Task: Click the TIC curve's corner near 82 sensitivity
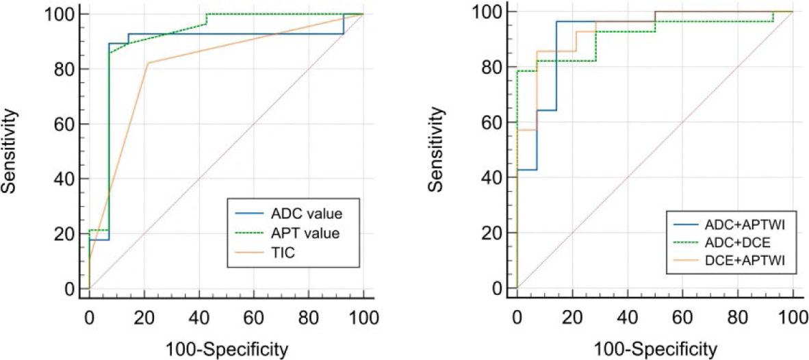coord(147,63)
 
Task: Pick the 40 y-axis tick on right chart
coord(496,177)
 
